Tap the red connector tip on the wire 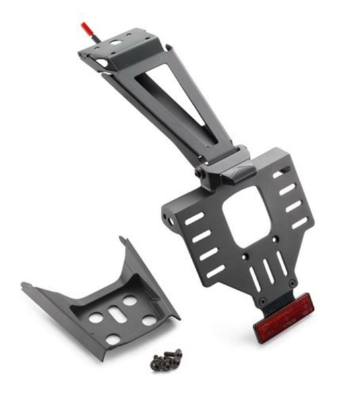(x=85, y=29)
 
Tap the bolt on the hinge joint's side (x=198, y=174)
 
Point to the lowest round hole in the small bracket (x=113, y=339)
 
